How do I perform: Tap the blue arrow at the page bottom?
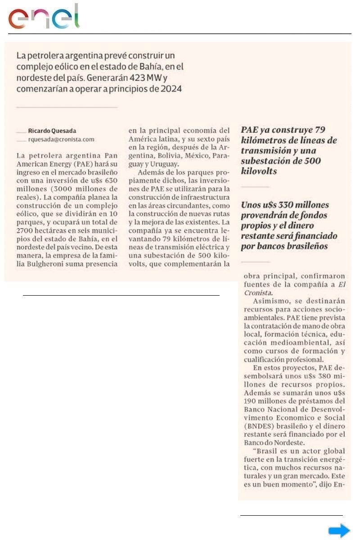coord(339,531)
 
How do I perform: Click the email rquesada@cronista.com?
coord(61,139)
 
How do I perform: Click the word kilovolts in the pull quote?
coord(258,171)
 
